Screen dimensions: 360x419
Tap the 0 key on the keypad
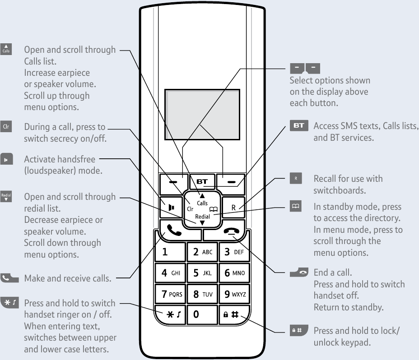201,314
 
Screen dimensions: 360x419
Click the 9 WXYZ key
233,294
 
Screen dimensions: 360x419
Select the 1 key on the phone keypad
170,252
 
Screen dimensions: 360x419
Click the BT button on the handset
201,182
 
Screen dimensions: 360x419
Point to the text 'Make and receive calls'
68,278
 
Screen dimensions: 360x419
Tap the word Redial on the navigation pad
202,217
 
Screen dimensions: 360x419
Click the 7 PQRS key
170,294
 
